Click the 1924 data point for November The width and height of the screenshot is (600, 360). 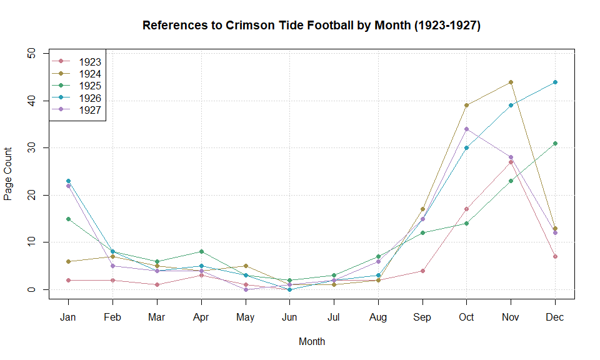coord(511,82)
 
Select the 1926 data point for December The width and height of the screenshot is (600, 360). coord(555,82)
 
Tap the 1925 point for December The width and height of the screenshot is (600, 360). coord(555,143)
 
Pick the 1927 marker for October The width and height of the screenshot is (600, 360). coord(466,129)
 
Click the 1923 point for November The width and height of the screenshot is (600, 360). coord(511,162)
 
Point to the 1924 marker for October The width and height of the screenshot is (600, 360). coord(466,105)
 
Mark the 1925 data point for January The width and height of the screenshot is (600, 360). coord(68,219)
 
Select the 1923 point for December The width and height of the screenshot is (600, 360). coord(555,256)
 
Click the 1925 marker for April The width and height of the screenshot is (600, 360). coord(201,251)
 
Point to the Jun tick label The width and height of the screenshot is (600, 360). coord(289,317)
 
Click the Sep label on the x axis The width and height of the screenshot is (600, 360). coord(422,317)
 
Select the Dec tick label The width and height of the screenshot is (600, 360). coord(555,317)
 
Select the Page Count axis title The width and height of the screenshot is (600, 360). coord(8,174)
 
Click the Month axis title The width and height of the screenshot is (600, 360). coord(311,342)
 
